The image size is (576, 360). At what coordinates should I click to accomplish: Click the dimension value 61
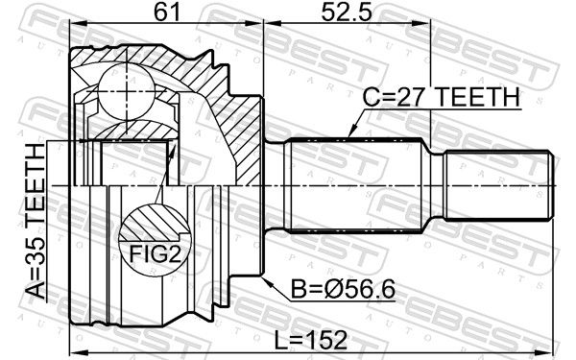(x=164, y=13)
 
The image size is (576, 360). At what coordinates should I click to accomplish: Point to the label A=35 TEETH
(x=36, y=223)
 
